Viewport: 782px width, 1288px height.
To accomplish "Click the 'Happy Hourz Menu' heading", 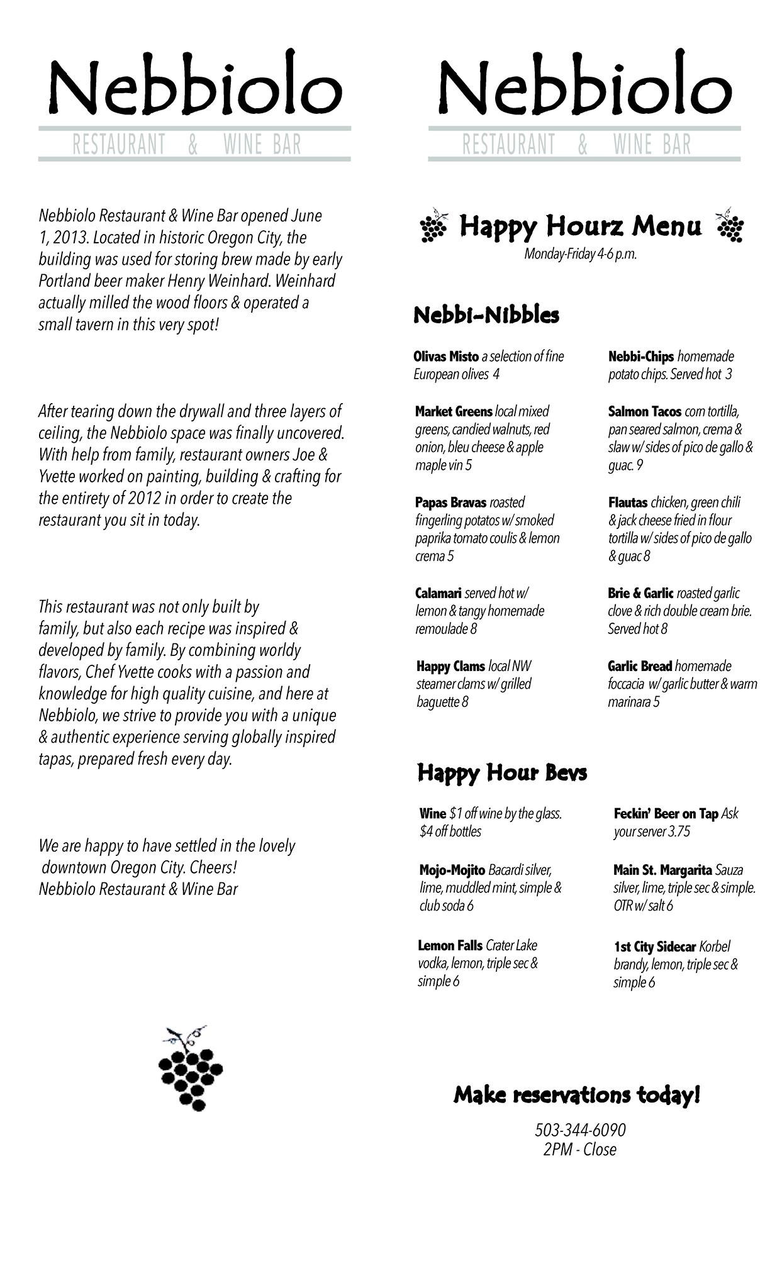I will click(x=580, y=226).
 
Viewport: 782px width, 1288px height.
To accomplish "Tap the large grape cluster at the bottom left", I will click(x=191, y=1070).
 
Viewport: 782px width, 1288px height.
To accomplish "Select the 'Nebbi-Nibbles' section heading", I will click(x=486, y=314).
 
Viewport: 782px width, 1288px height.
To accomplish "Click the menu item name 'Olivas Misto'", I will click(x=446, y=357).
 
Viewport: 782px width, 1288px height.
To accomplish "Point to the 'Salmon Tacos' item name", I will click(x=644, y=411).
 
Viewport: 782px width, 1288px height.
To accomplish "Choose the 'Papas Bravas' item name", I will click(x=450, y=502).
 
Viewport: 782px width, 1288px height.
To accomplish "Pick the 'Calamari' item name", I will click(x=438, y=593).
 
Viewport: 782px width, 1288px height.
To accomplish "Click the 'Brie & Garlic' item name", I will click(x=640, y=593).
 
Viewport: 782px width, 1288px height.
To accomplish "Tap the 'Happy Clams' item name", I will click(x=450, y=666).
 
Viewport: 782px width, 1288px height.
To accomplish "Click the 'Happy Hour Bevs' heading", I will click(x=502, y=772).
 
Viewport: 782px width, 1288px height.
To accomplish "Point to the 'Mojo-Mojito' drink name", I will click(x=452, y=870).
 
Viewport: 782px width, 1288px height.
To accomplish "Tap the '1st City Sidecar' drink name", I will click(x=655, y=947).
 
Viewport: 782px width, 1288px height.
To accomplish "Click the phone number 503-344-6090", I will click(x=580, y=1130).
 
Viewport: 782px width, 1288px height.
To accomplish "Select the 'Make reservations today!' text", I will click(x=576, y=1095).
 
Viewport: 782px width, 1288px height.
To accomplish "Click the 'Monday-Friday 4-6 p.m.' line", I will click(x=580, y=255).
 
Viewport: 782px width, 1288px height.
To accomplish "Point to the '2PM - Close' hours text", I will click(x=580, y=1150).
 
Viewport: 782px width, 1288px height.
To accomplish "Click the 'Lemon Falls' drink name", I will click(x=450, y=945).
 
